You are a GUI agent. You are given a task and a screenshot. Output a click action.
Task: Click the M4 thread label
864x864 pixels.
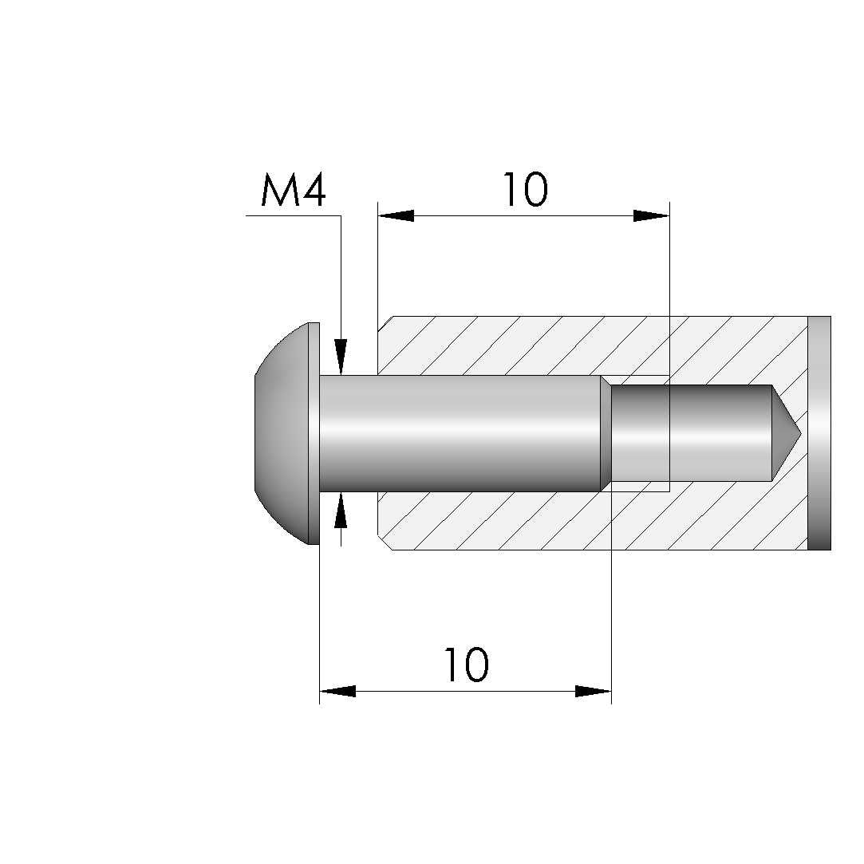[293, 190]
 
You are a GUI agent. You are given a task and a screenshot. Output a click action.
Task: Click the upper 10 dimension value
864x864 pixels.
[526, 190]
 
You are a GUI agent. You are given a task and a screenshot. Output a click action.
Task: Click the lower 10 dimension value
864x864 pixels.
[466, 665]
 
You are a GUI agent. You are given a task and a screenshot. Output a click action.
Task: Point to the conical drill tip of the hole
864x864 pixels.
[786, 433]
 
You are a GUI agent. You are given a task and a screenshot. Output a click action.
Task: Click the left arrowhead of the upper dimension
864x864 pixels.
[396, 215]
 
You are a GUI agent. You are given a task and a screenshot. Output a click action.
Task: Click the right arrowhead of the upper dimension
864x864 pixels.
[651, 215]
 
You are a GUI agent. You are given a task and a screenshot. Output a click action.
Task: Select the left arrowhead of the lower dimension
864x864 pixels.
[337, 691]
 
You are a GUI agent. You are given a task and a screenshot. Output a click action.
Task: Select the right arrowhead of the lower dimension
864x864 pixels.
[594, 691]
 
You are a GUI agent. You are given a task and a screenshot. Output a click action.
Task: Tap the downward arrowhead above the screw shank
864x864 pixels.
[341, 357]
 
